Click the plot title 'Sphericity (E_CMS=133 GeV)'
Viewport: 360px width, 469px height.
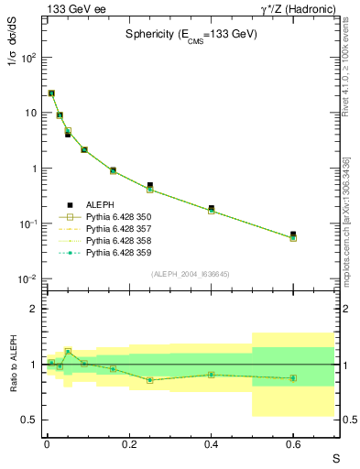pyautogui.click(x=191, y=34)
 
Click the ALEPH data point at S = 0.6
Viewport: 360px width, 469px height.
pyautogui.click(x=293, y=234)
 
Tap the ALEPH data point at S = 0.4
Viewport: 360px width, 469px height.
pyautogui.click(x=211, y=208)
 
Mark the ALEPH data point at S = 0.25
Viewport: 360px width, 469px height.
pyautogui.click(x=149, y=185)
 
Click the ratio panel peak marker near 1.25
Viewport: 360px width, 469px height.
pyautogui.click(x=68, y=351)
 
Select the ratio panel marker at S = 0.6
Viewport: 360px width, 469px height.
pyautogui.click(x=293, y=377)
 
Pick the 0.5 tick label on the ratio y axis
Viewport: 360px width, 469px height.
pyautogui.click(x=29, y=420)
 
